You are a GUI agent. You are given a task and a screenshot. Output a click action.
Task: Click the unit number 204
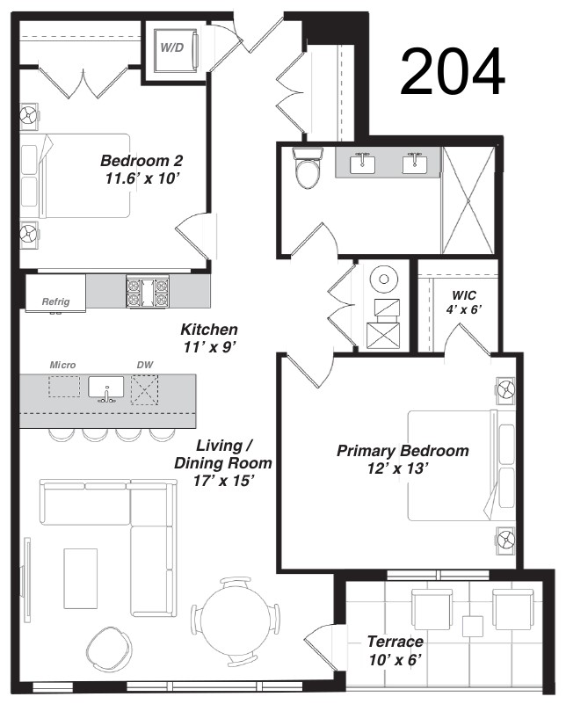[453, 71]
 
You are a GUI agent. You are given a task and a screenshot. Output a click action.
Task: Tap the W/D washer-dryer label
[172, 47]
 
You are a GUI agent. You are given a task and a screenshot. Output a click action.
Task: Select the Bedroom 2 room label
[141, 160]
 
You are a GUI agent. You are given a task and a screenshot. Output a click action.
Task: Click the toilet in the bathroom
[308, 169]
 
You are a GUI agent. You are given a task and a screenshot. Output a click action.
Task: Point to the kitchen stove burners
[148, 292]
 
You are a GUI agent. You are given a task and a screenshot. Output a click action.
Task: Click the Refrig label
[56, 301]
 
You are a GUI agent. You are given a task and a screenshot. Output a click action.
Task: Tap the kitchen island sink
[106, 388]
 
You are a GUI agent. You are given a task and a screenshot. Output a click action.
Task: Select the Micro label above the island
[62, 365]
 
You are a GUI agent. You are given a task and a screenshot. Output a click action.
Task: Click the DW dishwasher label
[144, 365]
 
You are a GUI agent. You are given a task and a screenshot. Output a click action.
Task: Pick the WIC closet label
[464, 295]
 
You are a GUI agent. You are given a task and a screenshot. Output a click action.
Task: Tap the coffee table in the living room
[80, 578]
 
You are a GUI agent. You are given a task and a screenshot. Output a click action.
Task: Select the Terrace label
[395, 642]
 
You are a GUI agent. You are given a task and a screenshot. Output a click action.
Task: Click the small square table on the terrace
[473, 627]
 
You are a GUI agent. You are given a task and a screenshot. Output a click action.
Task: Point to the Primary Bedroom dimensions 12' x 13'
[396, 468]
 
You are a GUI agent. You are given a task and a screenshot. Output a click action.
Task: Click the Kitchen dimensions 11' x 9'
[209, 347]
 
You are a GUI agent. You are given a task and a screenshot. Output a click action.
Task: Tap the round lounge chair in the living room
[109, 649]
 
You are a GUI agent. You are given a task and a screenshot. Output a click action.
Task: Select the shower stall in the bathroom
[468, 200]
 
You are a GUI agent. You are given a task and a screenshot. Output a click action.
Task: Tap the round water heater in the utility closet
[384, 279]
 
